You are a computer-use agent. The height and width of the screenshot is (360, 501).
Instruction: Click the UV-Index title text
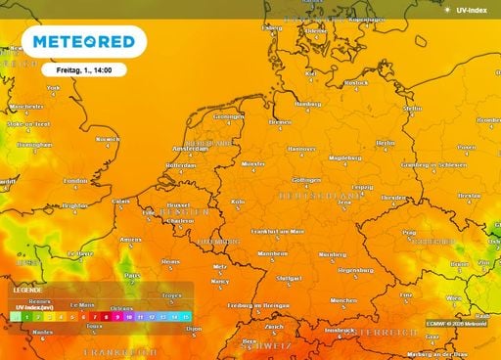tap(474, 10)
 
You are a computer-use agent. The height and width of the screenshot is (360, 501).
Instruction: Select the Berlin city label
tap(386, 143)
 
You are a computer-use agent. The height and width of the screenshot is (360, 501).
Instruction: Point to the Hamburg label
tap(308, 103)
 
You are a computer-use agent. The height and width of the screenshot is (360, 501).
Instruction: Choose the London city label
tap(75, 181)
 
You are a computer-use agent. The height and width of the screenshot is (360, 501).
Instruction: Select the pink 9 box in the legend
tap(116, 317)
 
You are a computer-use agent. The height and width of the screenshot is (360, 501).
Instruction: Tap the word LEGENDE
tap(27, 291)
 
